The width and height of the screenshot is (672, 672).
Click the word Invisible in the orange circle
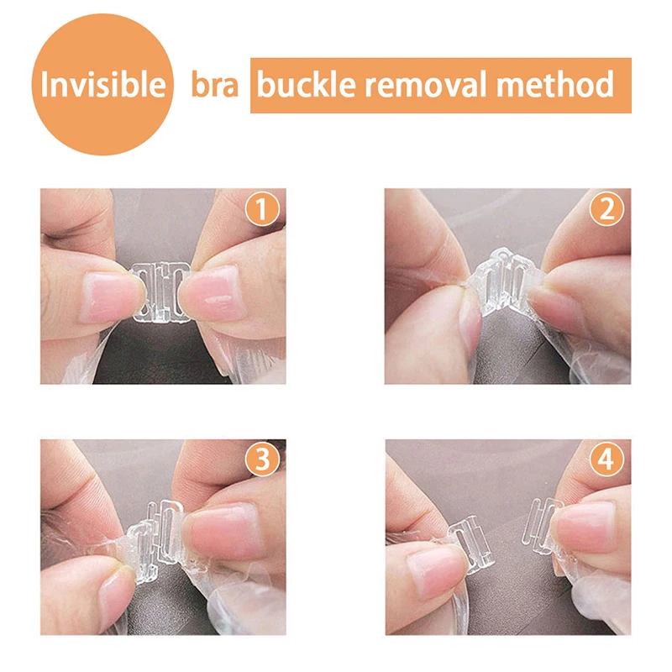[102, 85]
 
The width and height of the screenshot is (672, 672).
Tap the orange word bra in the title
[215, 85]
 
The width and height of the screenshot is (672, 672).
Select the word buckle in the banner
[306, 84]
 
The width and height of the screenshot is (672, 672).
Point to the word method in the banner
[555, 84]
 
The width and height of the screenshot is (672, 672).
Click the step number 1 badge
[262, 209]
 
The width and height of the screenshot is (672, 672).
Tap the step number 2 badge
[606, 209]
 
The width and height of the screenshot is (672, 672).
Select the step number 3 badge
[262, 459]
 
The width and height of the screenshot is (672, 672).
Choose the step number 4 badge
[606, 459]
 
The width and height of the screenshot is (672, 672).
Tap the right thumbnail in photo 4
[585, 528]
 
